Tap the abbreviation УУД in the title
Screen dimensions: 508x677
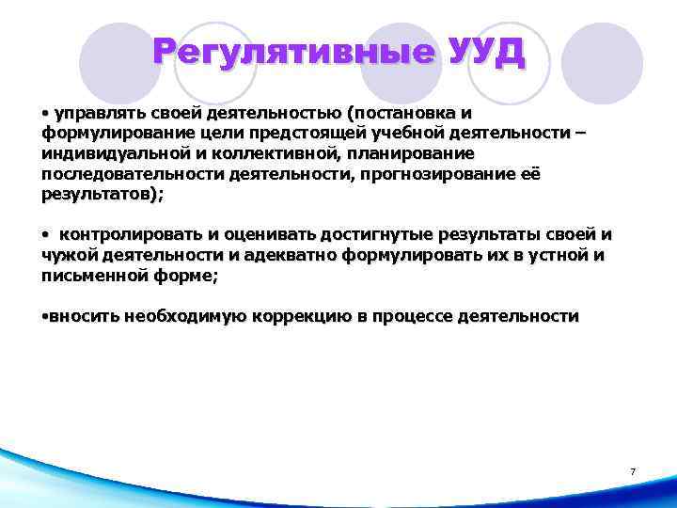485,51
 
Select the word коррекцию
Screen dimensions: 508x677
300,317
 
